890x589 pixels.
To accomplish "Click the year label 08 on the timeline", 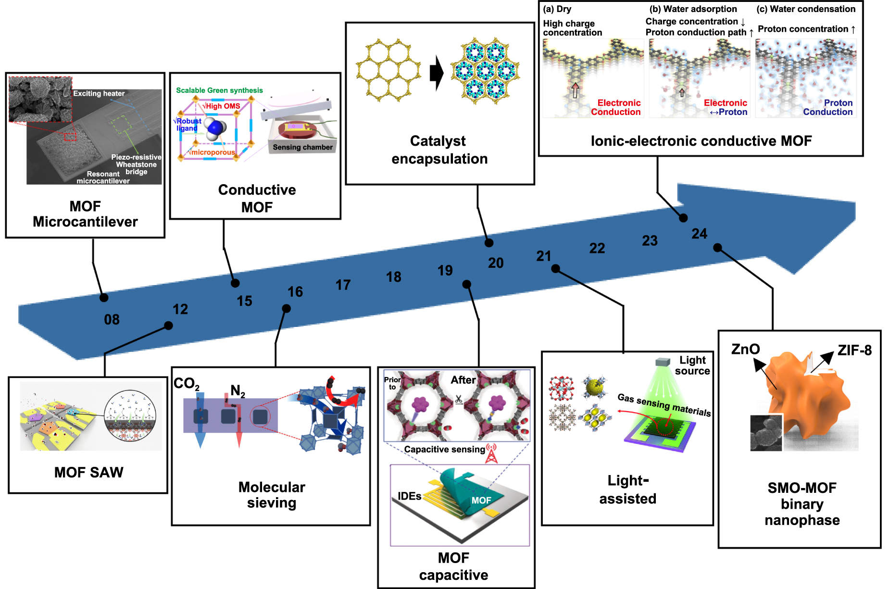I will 112,319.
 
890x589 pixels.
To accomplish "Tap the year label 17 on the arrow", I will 343,285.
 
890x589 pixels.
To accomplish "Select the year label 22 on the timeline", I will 597,248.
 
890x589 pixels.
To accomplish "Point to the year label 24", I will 699,234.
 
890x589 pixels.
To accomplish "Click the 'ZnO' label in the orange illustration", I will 745,350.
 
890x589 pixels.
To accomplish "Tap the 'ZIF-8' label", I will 854,351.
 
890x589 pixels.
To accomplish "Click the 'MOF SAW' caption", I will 88,472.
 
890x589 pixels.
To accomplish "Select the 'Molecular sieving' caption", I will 272,495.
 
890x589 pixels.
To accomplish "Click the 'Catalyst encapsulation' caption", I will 439,150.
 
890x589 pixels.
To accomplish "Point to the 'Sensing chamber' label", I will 302,147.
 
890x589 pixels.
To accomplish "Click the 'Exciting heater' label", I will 99,93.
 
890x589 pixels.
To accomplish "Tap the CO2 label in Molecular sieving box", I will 186,384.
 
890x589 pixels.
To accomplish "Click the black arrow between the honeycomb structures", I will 436,73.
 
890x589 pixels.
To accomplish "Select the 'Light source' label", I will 692,365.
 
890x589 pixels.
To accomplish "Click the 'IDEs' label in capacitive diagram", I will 409,496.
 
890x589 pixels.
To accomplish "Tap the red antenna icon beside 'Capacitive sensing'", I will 491,453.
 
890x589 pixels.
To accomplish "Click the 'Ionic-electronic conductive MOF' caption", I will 701,141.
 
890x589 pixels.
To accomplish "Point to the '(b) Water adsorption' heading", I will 693,9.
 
